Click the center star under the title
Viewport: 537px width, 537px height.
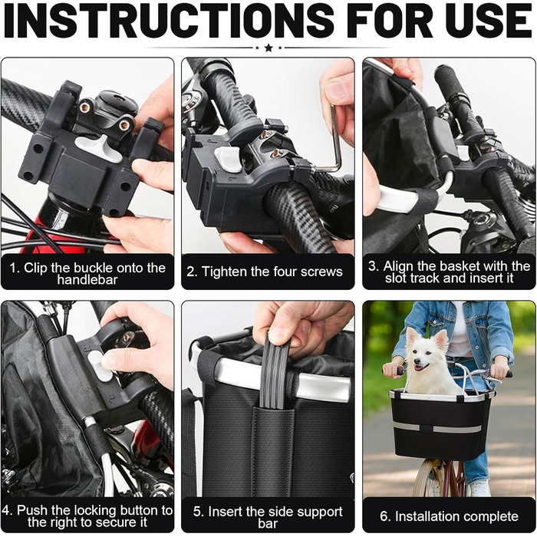click(268, 48)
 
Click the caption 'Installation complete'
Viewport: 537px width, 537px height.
click(449, 516)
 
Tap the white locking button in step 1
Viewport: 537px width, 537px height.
click(98, 147)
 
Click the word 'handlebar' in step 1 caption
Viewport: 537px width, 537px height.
click(87, 280)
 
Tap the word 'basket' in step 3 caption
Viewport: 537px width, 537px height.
click(470, 266)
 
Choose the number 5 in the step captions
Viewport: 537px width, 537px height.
click(197, 512)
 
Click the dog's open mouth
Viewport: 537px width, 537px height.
click(420, 367)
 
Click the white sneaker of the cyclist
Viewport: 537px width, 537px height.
click(479, 489)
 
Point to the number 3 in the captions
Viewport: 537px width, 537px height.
click(372, 266)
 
